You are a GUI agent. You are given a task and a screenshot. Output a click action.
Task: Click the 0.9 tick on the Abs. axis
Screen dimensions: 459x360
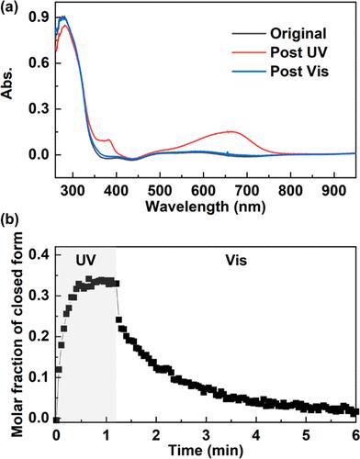38,17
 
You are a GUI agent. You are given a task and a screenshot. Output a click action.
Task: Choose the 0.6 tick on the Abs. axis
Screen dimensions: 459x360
38,63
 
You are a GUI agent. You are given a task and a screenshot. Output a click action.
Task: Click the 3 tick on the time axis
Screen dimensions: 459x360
208,431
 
